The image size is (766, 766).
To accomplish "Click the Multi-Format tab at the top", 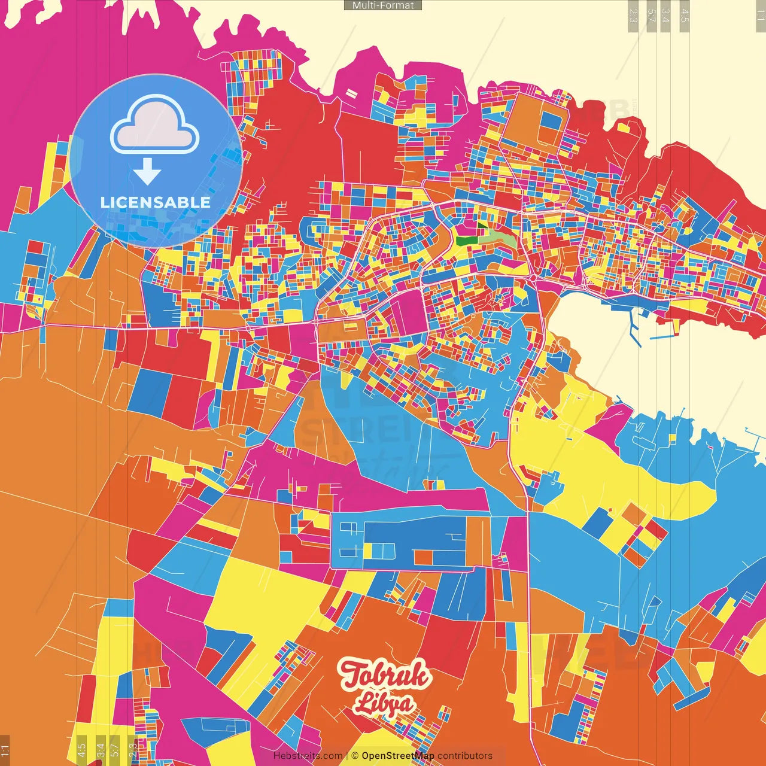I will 383,5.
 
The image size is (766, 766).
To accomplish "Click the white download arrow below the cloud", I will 147,171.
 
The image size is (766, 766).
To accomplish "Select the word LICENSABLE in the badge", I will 156,202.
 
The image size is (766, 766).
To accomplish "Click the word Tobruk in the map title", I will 384,675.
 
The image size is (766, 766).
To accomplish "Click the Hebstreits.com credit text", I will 308,756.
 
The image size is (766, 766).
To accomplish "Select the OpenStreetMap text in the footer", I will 397,756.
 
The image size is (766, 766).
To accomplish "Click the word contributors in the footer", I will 465,756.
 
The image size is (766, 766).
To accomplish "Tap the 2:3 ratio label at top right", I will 633,16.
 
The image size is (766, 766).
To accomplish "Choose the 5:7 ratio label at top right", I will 651,16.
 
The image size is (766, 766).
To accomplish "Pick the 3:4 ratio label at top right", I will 665,16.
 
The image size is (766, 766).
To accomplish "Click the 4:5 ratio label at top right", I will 685,16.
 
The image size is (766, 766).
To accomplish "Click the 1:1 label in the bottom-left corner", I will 5,749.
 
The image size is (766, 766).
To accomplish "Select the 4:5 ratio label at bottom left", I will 81,749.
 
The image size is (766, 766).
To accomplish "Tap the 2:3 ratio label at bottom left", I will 133,749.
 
